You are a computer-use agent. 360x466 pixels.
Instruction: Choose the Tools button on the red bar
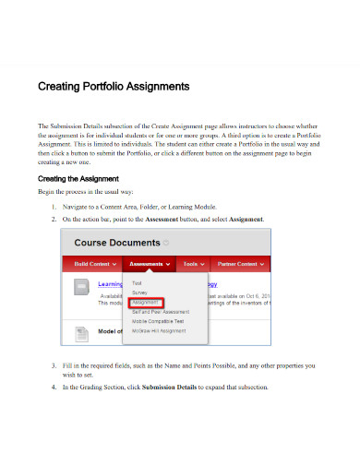pos(194,264)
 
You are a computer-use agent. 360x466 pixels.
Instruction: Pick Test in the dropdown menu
pos(138,283)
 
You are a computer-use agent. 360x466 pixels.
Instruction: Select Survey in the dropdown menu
pos(140,293)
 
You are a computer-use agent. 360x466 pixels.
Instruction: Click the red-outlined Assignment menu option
pos(147,302)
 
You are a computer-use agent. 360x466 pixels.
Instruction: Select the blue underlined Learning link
pos(111,285)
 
